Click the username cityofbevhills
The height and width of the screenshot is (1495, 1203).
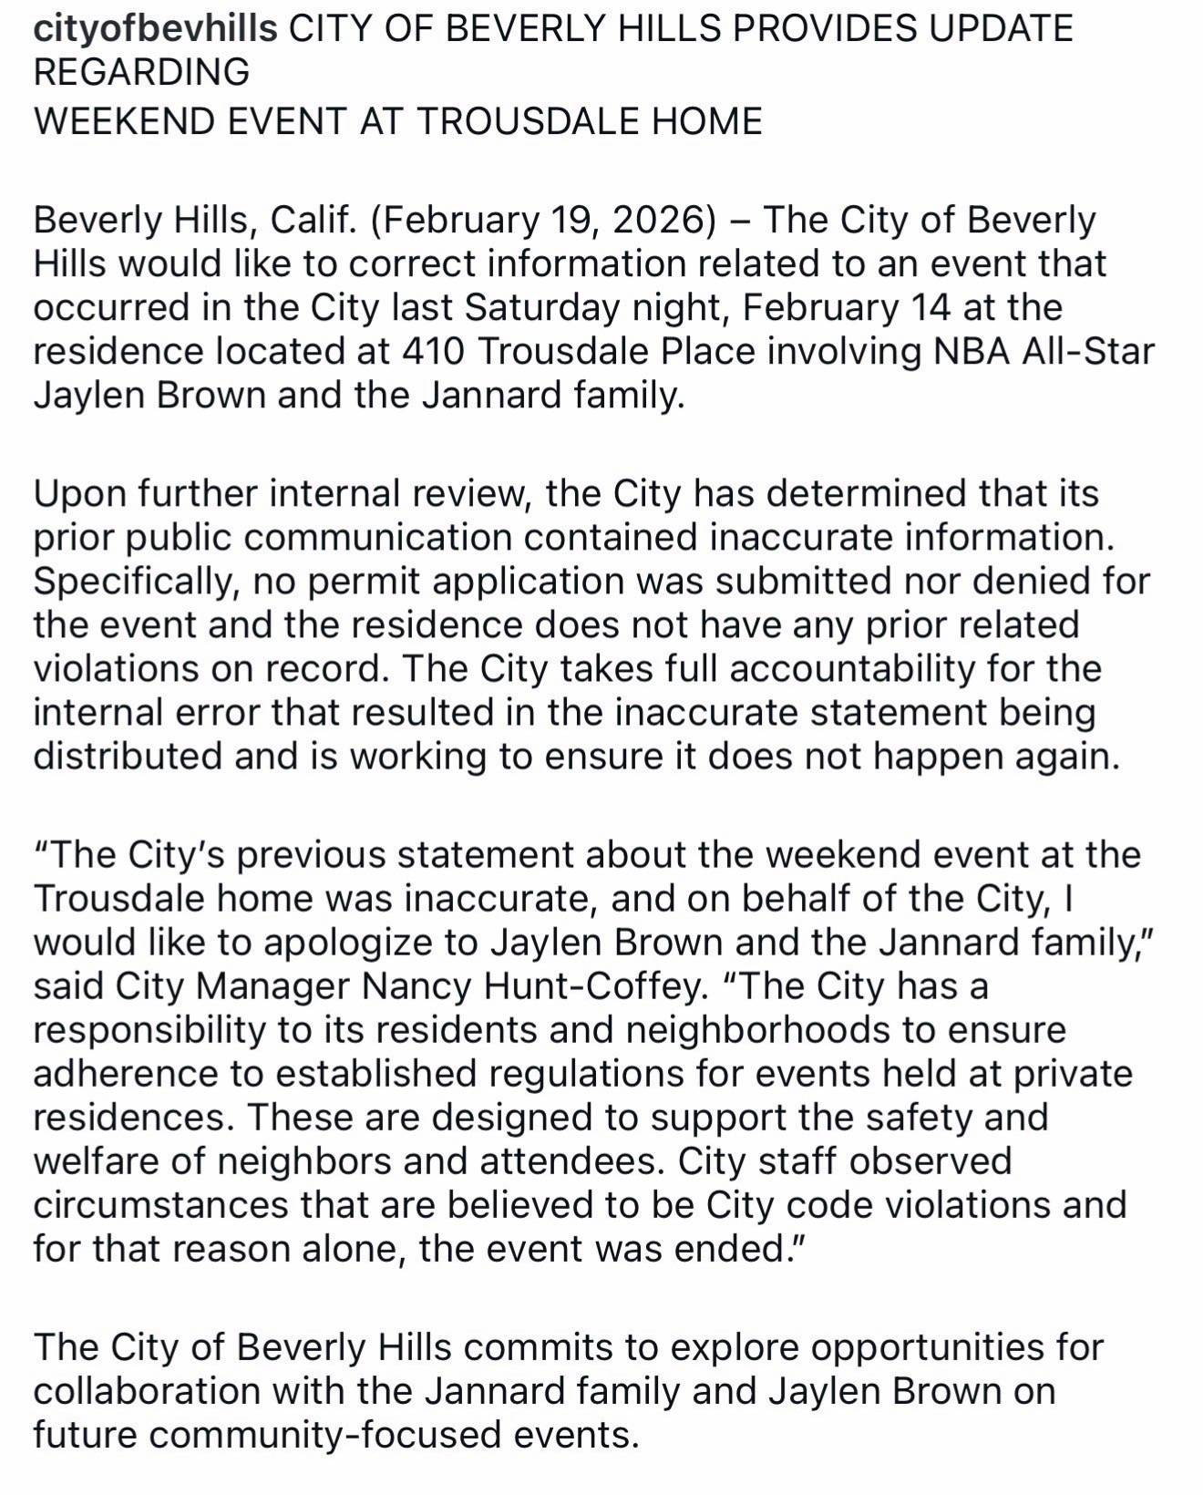tap(155, 29)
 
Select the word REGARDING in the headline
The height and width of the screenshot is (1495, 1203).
tap(141, 72)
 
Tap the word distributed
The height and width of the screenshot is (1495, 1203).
tap(128, 756)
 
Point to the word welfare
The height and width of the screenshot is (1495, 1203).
tap(98, 1160)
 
